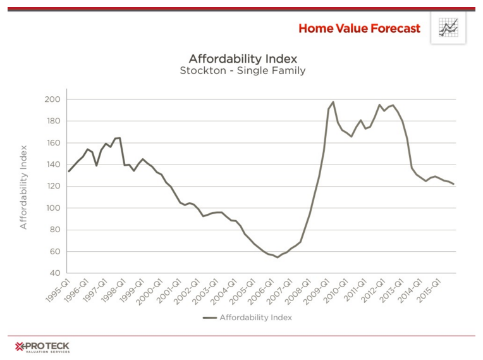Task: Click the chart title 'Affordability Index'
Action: pos(243,59)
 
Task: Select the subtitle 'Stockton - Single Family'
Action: pos(243,71)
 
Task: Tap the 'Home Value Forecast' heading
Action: pos(359,28)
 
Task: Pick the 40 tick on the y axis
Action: pos(54,273)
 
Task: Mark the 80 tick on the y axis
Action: pos(54,230)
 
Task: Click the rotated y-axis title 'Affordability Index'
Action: pos(23,187)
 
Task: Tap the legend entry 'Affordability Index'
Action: pos(255,318)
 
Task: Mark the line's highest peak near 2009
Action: pos(333,102)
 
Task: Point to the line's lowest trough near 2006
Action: pos(277,257)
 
